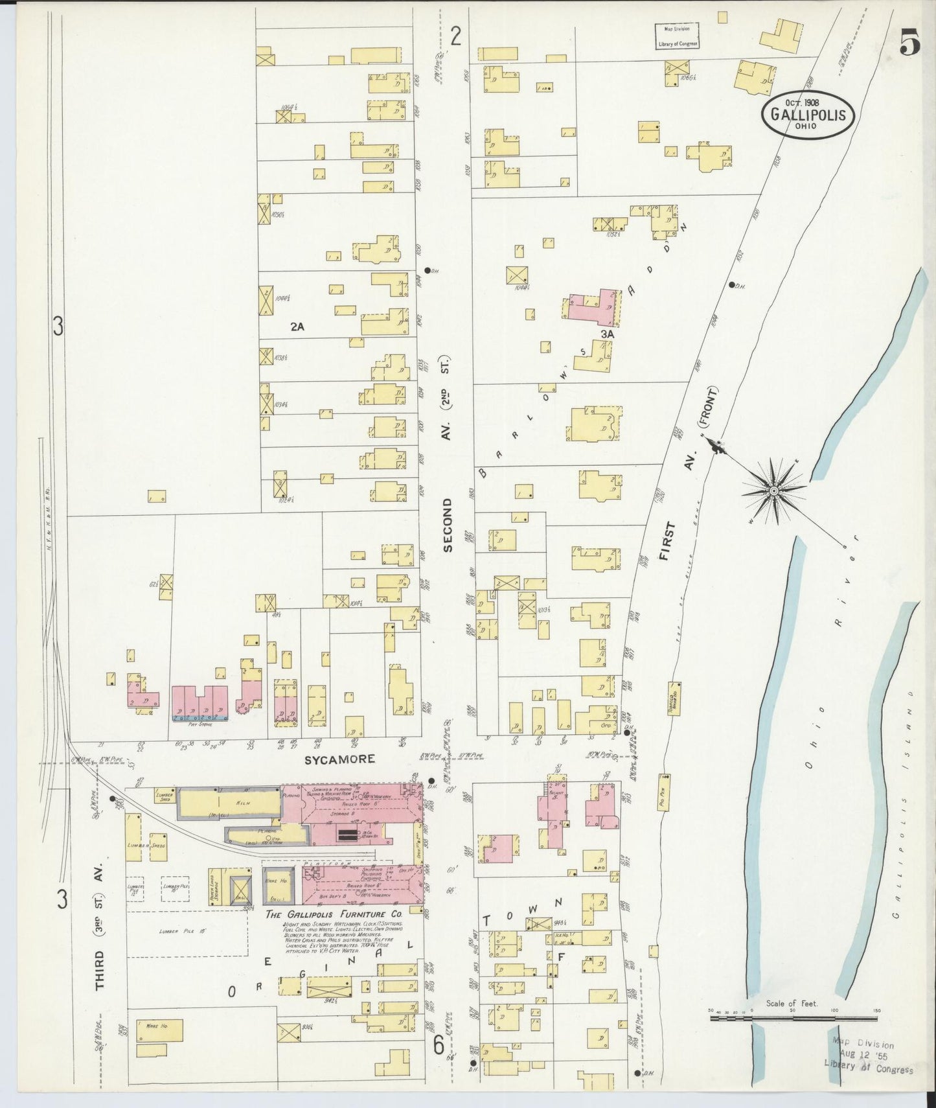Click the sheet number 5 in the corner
(x=910, y=45)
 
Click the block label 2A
(x=297, y=327)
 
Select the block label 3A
(x=607, y=334)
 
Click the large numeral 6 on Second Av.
(x=439, y=1045)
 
